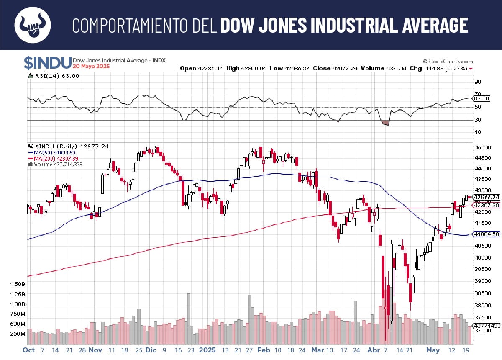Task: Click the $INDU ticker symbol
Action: (47, 63)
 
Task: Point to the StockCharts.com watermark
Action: (448, 61)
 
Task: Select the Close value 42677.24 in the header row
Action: (343, 68)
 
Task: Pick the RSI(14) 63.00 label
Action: (56, 76)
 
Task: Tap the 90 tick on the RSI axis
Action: (477, 82)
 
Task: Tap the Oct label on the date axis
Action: (29, 350)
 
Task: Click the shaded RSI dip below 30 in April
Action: (386, 123)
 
